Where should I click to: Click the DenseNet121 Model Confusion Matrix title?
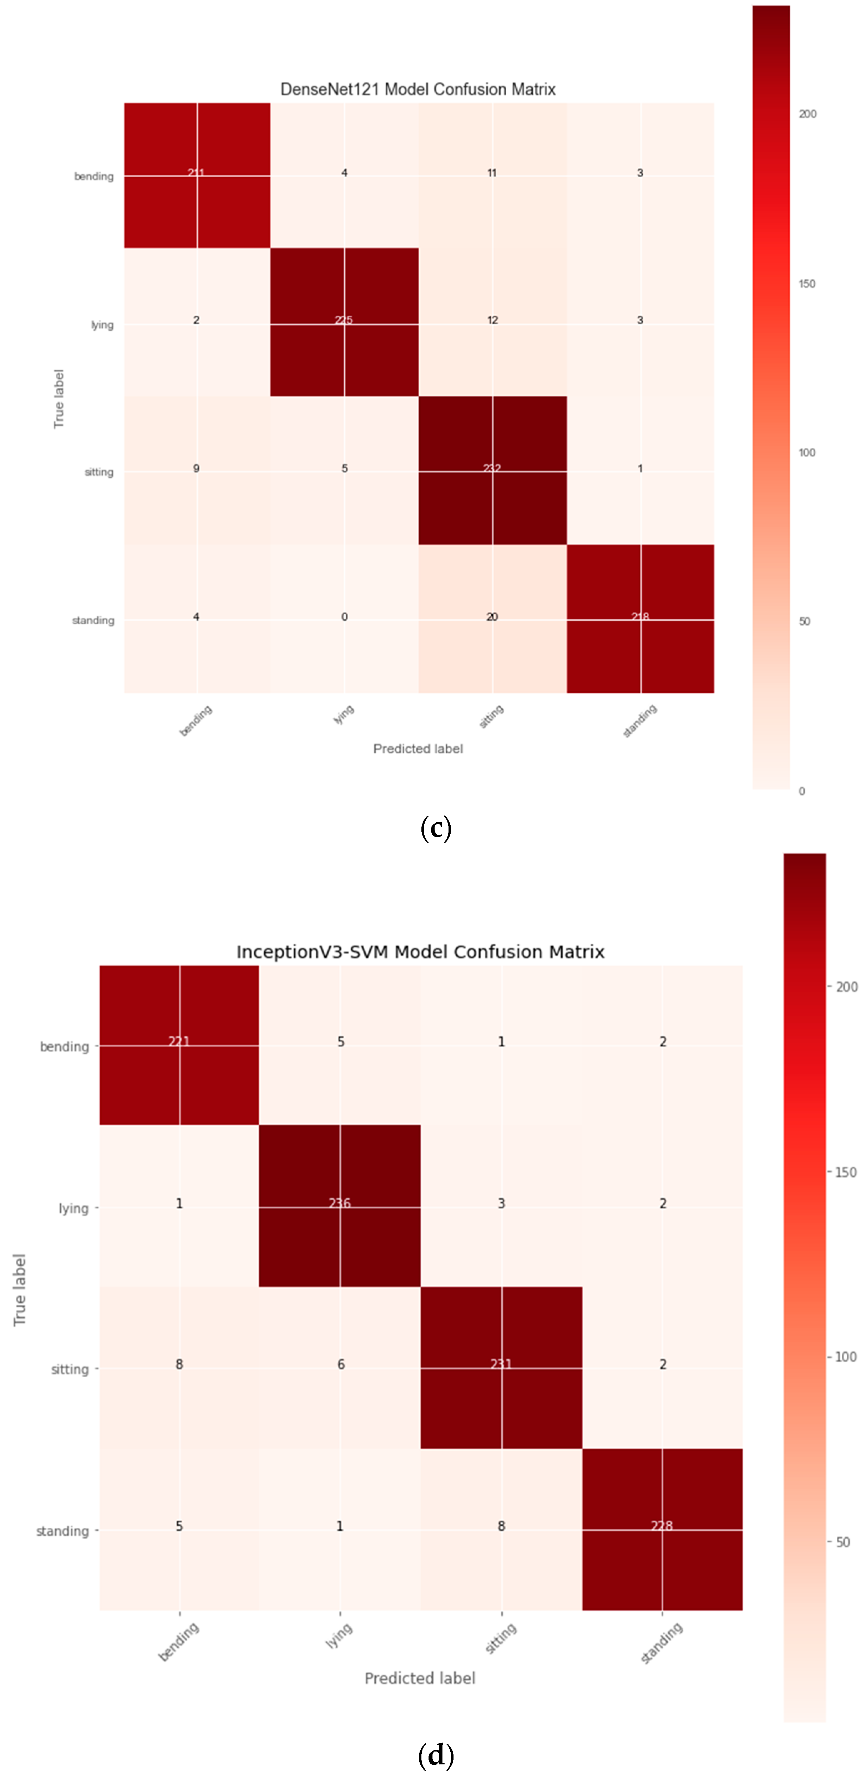pyautogui.click(x=418, y=89)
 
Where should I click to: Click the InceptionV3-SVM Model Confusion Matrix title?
pyautogui.click(x=420, y=952)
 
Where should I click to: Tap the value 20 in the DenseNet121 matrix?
pyautogui.click(x=492, y=617)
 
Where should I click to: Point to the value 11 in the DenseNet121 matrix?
pyautogui.click(x=492, y=173)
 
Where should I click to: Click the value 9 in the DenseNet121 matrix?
pyautogui.click(x=196, y=468)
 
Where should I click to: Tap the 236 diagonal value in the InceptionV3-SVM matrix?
pyautogui.click(x=340, y=1203)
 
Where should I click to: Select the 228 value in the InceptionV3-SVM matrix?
pyautogui.click(x=662, y=1526)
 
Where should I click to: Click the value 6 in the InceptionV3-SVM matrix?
pyautogui.click(x=340, y=1364)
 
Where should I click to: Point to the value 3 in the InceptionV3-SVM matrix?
pyautogui.click(x=501, y=1203)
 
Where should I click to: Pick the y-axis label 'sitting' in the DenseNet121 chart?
pyautogui.click(x=99, y=472)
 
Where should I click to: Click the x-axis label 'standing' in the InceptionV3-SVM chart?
pyautogui.click(x=662, y=1644)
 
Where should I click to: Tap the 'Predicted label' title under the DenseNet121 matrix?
pyautogui.click(x=418, y=749)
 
